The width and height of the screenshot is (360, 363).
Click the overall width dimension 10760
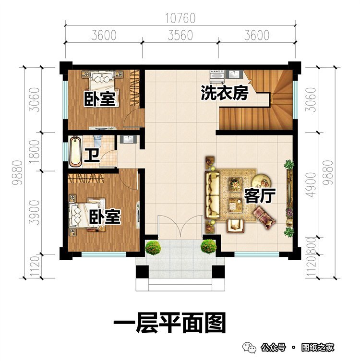180,19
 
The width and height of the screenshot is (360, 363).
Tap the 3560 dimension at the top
180,36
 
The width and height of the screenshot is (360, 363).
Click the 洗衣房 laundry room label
224,93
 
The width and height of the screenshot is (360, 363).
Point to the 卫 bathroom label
90,156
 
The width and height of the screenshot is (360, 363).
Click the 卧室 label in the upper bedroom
100,99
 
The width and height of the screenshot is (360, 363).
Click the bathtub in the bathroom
75,151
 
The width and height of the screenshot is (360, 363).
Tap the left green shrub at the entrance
153,247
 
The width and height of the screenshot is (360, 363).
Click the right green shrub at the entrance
208,247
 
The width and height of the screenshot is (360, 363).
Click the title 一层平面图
169,324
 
